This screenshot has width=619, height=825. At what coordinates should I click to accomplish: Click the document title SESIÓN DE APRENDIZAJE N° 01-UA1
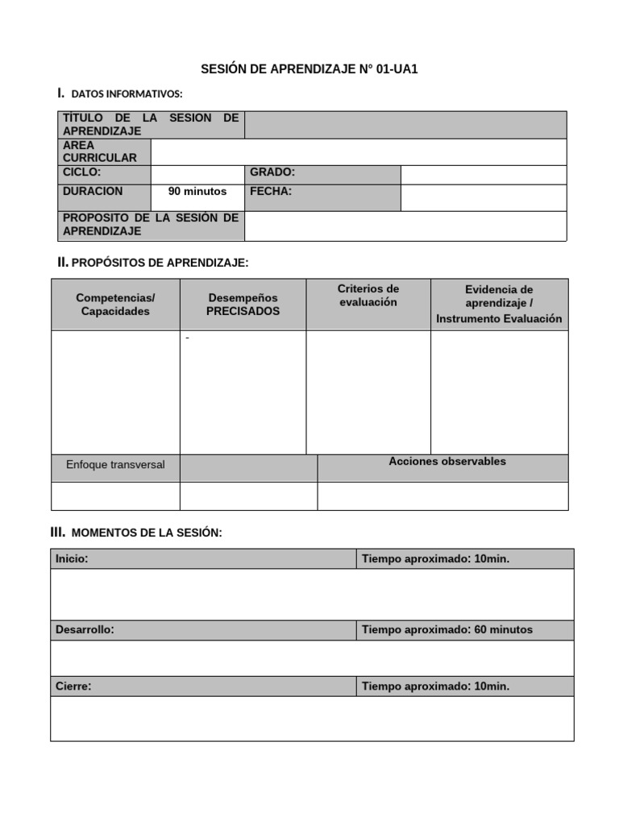(309, 70)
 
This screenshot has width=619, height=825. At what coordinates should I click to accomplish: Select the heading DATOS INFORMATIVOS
(127, 95)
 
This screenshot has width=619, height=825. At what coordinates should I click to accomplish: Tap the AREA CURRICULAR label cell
(100, 151)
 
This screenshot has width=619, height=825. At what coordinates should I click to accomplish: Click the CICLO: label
(81, 172)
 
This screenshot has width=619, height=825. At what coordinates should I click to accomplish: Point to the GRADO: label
(272, 172)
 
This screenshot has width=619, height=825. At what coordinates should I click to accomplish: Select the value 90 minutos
(197, 192)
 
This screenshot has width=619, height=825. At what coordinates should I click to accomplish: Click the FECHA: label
(271, 192)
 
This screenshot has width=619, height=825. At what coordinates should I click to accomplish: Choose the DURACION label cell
(93, 192)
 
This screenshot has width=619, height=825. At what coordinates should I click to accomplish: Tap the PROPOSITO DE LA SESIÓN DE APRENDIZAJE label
(151, 225)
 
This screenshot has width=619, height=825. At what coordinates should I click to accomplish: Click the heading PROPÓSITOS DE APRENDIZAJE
(160, 263)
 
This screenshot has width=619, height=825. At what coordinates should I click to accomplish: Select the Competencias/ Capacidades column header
(115, 305)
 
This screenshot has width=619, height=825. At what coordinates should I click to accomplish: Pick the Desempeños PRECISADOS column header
(243, 305)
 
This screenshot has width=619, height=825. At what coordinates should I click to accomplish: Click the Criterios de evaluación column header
(368, 296)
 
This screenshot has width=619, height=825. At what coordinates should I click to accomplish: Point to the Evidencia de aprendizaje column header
(499, 304)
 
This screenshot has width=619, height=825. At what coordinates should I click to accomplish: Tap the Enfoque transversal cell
(115, 465)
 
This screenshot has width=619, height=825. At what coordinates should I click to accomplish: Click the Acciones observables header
(447, 462)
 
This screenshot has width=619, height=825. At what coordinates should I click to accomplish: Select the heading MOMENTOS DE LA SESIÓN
(146, 533)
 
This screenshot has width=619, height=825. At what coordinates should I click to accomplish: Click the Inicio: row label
(73, 558)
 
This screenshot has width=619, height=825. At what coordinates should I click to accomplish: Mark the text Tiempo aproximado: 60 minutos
(447, 630)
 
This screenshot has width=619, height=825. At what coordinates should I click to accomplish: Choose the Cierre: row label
(73, 686)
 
